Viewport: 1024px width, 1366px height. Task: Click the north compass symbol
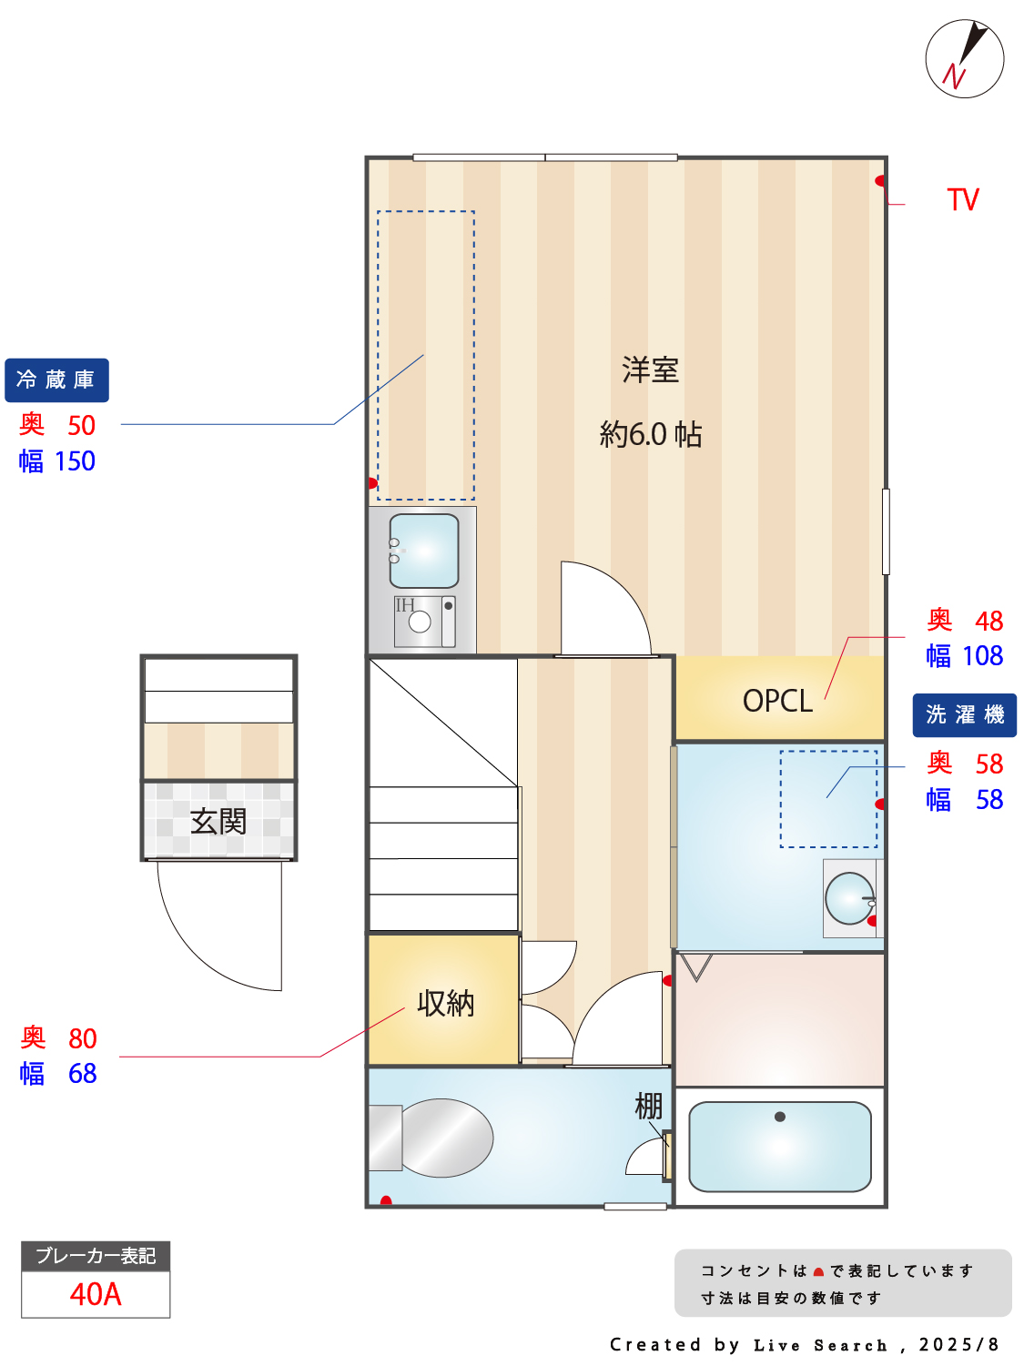[964, 59]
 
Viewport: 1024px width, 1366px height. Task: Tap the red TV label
[962, 199]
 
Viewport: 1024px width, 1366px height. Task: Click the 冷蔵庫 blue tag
[56, 379]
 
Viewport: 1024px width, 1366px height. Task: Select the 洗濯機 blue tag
[964, 714]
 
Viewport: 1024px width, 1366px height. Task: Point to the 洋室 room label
[650, 369]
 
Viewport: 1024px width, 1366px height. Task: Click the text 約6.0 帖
[650, 434]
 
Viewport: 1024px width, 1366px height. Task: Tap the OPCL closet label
[777, 701]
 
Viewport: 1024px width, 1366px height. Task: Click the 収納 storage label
[445, 1003]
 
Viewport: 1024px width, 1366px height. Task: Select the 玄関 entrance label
[218, 821]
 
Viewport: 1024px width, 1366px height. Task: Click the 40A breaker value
[96, 1294]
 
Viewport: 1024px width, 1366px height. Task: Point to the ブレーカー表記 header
[96, 1256]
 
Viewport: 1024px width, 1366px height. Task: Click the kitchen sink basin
[424, 551]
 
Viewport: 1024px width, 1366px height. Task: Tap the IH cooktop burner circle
[420, 622]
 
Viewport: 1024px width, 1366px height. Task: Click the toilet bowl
[446, 1138]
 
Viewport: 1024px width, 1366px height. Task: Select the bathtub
[780, 1147]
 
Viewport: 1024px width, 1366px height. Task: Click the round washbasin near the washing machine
[849, 897]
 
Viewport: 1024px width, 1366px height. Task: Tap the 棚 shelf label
[648, 1107]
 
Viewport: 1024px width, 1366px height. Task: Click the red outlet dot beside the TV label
[880, 180]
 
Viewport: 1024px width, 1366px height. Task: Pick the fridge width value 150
[75, 461]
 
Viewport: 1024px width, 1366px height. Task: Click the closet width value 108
[982, 655]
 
